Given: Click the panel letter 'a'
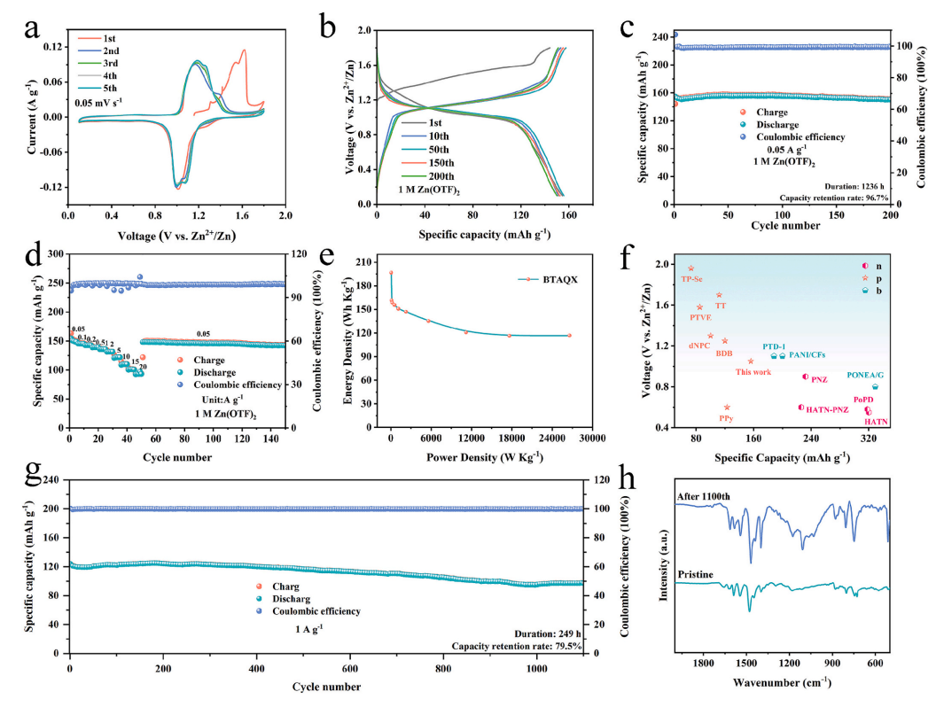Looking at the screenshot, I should [x=35, y=28].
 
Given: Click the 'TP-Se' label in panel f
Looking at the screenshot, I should [x=691, y=279].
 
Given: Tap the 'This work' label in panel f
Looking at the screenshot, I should [x=753, y=372].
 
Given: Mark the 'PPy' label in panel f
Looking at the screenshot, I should [x=726, y=417].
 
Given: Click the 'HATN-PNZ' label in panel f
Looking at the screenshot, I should [x=827, y=408].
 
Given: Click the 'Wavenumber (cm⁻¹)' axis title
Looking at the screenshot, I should [x=782, y=683].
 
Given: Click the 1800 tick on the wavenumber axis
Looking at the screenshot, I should [x=704, y=663].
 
